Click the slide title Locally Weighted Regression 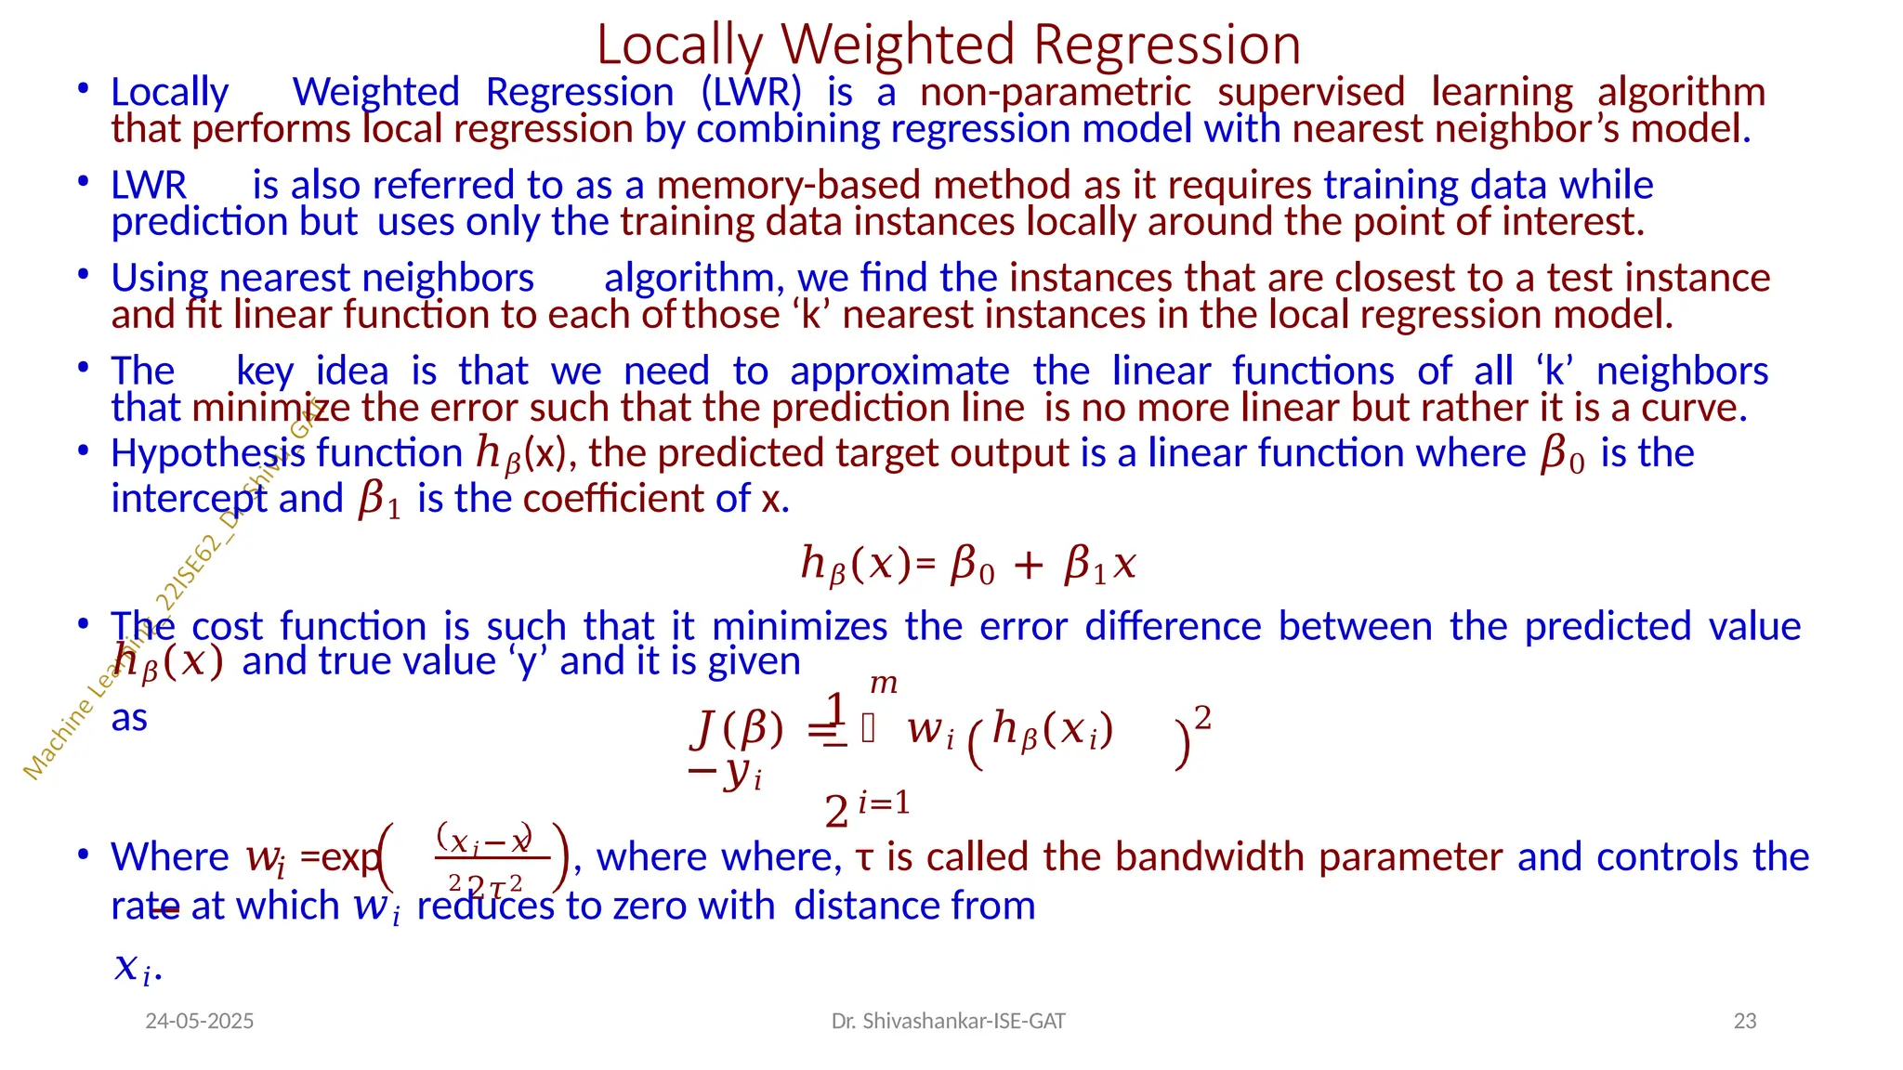[x=948, y=45]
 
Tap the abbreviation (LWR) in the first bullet [x=751, y=92]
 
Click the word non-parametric [x=1056, y=92]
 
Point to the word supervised [x=1311, y=92]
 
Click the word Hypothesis [x=207, y=453]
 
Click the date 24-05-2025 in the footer [x=200, y=1021]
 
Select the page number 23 [x=1745, y=1021]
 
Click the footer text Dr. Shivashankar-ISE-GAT [x=948, y=1021]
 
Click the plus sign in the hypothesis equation [x=1028, y=565]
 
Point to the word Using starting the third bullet [x=159, y=278]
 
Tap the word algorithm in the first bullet [x=1681, y=92]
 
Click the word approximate [x=899, y=371]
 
